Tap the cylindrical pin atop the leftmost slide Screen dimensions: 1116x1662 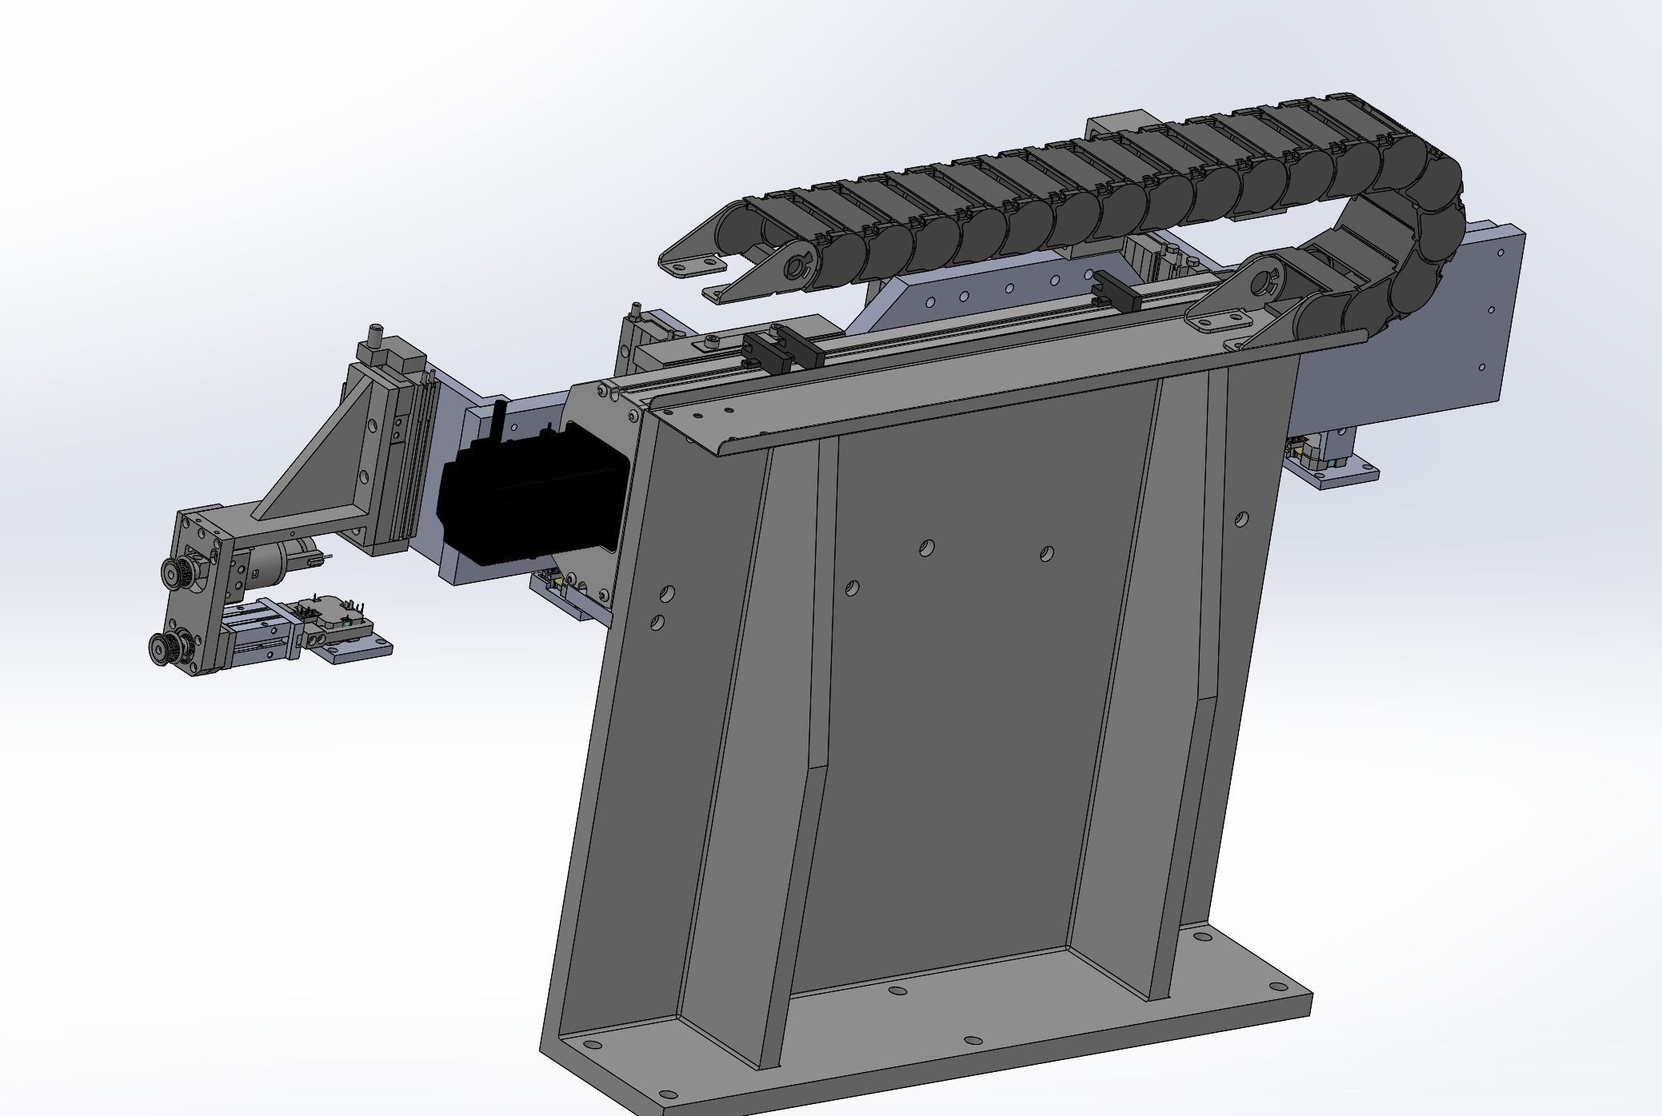374,334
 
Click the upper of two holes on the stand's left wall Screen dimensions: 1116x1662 667,593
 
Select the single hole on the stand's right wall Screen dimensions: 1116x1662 1241,520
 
